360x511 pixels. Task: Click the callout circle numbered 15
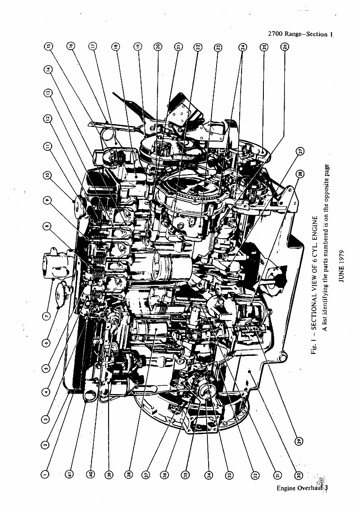(x=48, y=46)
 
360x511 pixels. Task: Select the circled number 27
(x=301, y=152)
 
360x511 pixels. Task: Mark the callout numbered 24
(x=242, y=46)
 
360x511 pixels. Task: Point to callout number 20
(x=158, y=46)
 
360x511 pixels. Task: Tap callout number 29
(x=299, y=440)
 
